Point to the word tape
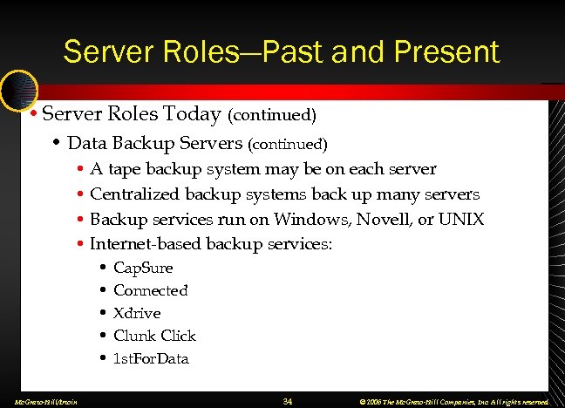(x=125, y=169)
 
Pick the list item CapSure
(x=143, y=268)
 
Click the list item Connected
(x=150, y=290)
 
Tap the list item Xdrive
(x=137, y=313)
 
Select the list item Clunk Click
(x=154, y=336)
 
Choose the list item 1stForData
(x=151, y=358)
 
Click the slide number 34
(x=288, y=401)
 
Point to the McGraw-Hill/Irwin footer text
(x=40, y=402)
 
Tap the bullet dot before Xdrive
(x=103, y=313)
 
